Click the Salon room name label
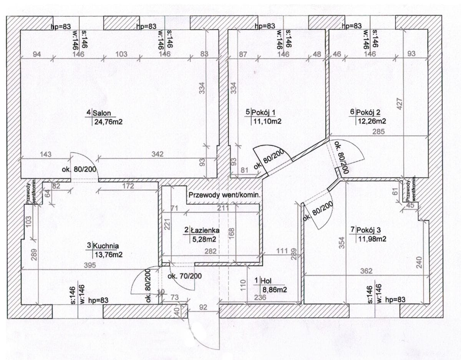[x=102, y=113]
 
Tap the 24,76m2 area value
[x=108, y=122]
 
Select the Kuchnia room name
[x=106, y=246]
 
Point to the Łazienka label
[x=205, y=231]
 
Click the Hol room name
[x=266, y=281]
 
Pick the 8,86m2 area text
[x=274, y=290]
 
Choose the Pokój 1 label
[x=263, y=113]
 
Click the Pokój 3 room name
[x=369, y=230]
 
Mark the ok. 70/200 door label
[x=184, y=276]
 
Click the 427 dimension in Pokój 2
[x=400, y=104]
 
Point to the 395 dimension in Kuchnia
[x=90, y=265]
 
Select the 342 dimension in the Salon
[x=157, y=154]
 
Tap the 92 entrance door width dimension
[x=203, y=307]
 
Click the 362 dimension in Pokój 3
[x=366, y=271]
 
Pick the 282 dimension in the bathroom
[x=211, y=251]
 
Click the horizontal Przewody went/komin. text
[x=224, y=195]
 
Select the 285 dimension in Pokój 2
[x=379, y=131]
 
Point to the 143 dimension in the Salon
[x=46, y=154]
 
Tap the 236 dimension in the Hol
[x=260, y=297]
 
